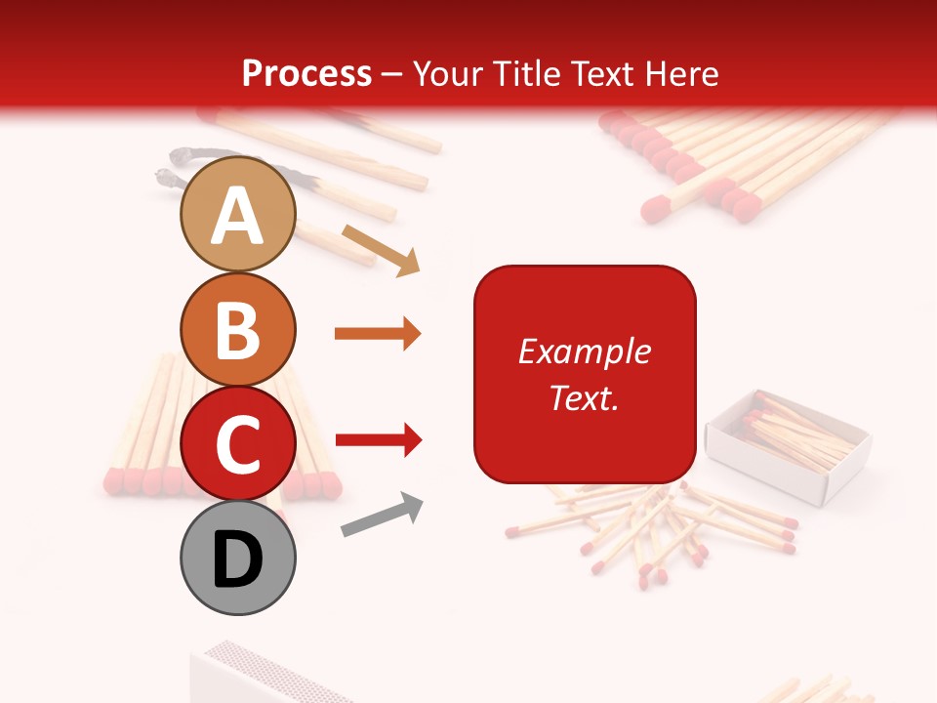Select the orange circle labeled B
pyautogui.click(x=238, y=329)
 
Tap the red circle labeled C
pyautogui.click(x=238, y=444)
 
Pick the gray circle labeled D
pyautogui.click(x=238, y=558)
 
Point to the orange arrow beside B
pyautogui.click(x=378, y=334)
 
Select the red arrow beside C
pyautogui.click(x=378, y=440)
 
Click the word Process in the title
pyautogui.click(x=306, y=73)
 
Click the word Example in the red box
pyautogui.click(x=584, y=351)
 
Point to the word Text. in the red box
pyautogui.click(x=584, y=397)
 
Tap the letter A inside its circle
pyautogui.click(x=238, y=216)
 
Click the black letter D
pyautogui.click(x=238, y=560)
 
